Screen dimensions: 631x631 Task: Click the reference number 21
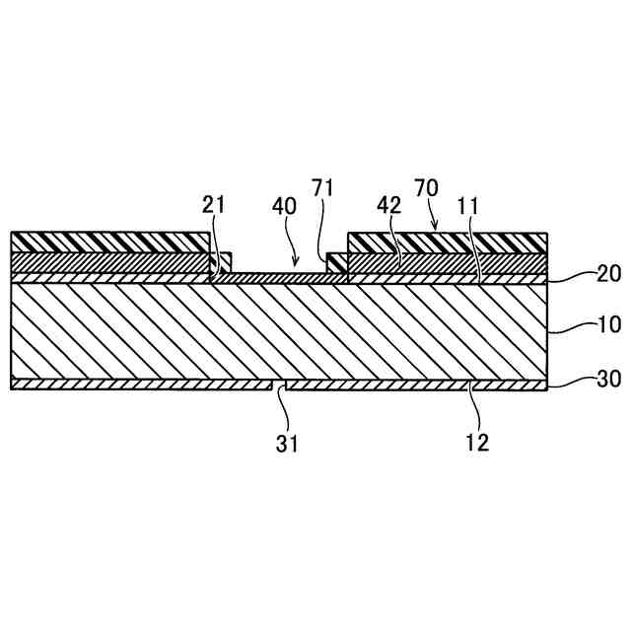[x=213, y=205]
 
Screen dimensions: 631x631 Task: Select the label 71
[x=323, y=187]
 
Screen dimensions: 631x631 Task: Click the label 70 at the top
[x=426, y=187]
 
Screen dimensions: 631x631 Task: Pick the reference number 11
[x=468, y=205]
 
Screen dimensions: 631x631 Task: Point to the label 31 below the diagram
[x=286, y=444]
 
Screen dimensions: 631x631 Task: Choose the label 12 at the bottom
[x=477, y=444]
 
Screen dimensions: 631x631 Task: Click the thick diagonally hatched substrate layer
[x=276, y=330]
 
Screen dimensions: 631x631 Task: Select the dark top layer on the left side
[x=108, y=242]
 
